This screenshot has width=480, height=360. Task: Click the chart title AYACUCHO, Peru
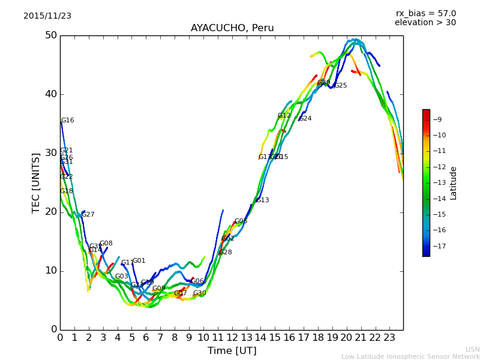[232, 28]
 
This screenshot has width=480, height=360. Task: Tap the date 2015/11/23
[47, 16]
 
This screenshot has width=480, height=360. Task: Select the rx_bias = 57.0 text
[425, 14]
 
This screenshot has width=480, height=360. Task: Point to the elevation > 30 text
[425, 23]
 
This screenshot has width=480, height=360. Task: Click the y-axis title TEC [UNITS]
[36, 182]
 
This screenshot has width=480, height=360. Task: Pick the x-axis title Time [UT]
[232, 351]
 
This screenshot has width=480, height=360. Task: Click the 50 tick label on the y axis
[50, 35]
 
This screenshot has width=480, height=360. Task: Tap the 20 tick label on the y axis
[50, 212]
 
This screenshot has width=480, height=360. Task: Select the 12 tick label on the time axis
[232, 337]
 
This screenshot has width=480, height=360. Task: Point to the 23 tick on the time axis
[389, 337]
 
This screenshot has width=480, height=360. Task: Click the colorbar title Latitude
[454, 183]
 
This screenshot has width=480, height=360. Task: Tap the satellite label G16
[68, 121]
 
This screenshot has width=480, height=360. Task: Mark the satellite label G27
[88, 215]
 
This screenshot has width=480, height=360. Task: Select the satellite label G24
[305, 119]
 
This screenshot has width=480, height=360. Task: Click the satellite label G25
[341, 86]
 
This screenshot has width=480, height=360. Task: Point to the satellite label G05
[241, 221]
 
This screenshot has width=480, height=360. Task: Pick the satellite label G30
[199, 293]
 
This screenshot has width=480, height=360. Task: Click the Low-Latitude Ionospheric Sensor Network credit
[410, 356]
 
